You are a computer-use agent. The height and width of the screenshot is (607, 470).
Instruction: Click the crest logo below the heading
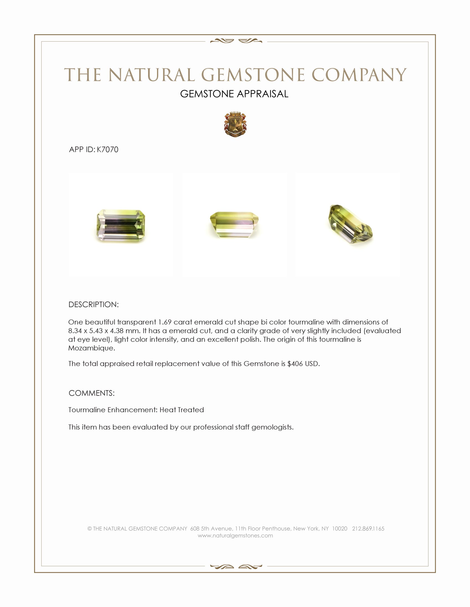click(x=235, y=124)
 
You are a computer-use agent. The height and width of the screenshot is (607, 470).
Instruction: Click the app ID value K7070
click(x=108, y=150)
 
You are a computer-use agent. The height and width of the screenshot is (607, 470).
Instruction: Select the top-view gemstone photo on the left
click(x=121, y=225)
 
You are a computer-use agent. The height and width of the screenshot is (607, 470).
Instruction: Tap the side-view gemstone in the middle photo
click(x=234, y=225)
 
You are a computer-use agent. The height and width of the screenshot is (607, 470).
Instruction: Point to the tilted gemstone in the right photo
click(x=350, y=224)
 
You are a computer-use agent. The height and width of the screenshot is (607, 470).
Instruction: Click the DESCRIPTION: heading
click(x=93, y=305)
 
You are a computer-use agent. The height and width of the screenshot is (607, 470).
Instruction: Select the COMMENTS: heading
click(x=92, y=393)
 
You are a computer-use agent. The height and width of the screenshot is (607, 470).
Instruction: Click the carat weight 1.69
click(x=164, y=322)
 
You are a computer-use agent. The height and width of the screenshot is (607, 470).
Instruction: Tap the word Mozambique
click(x=91, y=348)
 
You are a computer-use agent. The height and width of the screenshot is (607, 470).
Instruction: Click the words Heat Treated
click(x=182, y=410)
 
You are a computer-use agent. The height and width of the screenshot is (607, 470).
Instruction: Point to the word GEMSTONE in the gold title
click(x=253, y=75)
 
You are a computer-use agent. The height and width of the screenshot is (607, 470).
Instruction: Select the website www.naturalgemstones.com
click(x=235, y=536)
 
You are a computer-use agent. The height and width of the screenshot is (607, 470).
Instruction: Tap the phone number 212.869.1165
click(x=368, y=529)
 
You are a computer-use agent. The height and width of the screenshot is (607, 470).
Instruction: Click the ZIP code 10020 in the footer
click(x=340, y=529)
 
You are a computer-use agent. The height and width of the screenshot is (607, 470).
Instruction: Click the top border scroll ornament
click(x=236, y=41)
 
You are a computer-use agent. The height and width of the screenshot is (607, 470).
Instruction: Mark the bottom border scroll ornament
click(x=236, y=567)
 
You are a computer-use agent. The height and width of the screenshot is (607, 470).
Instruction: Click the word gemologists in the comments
click(x=272, y=427)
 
